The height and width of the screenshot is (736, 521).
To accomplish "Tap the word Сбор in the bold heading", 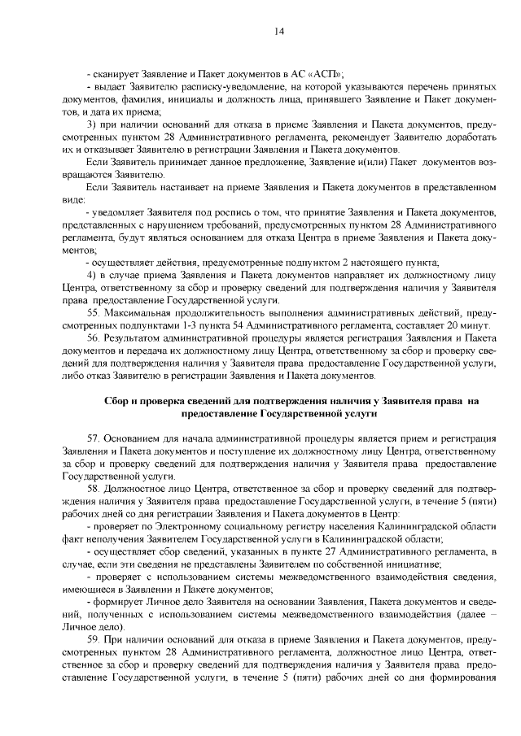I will coord(120,401).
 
